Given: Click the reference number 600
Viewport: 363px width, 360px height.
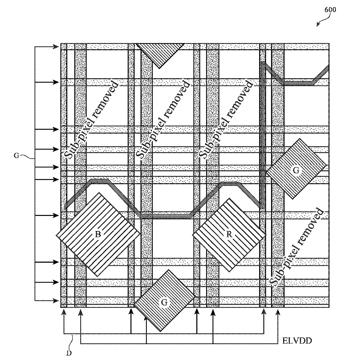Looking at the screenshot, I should click(x=330, y=9).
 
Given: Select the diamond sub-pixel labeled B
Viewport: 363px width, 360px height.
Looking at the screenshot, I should click(x=98, y=234).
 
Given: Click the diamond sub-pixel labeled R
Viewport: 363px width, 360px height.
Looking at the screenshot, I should click(x=229, y=234).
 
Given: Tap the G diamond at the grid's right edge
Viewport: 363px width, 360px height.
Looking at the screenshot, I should click(x=296, y=170).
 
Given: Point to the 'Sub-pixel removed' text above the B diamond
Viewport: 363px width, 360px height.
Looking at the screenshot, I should click(x=92, y=120).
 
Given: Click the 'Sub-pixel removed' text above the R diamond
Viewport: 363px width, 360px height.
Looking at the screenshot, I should click(x=226, y=120).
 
